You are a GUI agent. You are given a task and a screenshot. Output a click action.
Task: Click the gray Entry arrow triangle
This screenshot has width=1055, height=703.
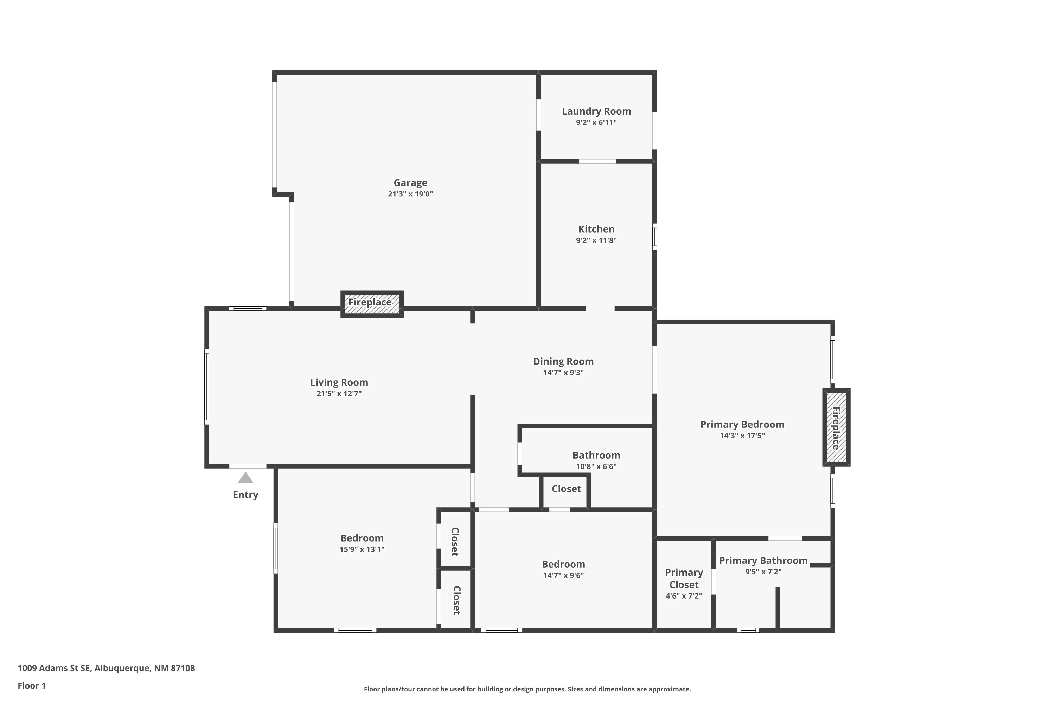point(245,478)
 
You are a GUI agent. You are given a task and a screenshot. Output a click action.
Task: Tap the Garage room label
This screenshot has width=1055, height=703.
point(410,183)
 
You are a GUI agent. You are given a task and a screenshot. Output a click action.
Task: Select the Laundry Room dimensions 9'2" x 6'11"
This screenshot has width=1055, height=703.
point(596,122)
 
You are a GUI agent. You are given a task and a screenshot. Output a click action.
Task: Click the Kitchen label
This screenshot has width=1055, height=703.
point(596,229)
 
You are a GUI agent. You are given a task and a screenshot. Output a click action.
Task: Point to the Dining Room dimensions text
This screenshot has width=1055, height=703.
point(563,373)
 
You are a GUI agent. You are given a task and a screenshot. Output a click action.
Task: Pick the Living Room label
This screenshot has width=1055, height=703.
point(339,382)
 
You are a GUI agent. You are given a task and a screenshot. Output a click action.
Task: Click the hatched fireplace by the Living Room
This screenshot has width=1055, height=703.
point(372,304)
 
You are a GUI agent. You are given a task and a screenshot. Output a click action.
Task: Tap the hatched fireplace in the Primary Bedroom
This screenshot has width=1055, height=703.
point(836,427)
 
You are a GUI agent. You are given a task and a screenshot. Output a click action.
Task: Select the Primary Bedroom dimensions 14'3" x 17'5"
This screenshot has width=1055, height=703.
point(742,436)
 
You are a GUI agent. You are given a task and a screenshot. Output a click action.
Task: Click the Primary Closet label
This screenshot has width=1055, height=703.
point(684,578)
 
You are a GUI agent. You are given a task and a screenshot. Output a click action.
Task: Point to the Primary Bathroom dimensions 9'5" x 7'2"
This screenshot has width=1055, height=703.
point(763,572)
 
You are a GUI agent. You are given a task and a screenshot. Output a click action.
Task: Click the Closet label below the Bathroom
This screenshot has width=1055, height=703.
point(566,489)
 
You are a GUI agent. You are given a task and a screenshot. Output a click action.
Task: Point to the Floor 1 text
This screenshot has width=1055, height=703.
point(32,685)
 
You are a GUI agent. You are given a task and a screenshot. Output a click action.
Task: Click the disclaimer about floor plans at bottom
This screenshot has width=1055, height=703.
point(527,689)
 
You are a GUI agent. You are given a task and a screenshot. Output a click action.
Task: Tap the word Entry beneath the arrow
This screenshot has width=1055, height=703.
point(245,495)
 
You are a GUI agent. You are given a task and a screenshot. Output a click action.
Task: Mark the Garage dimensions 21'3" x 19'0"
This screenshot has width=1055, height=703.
point(410,194)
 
